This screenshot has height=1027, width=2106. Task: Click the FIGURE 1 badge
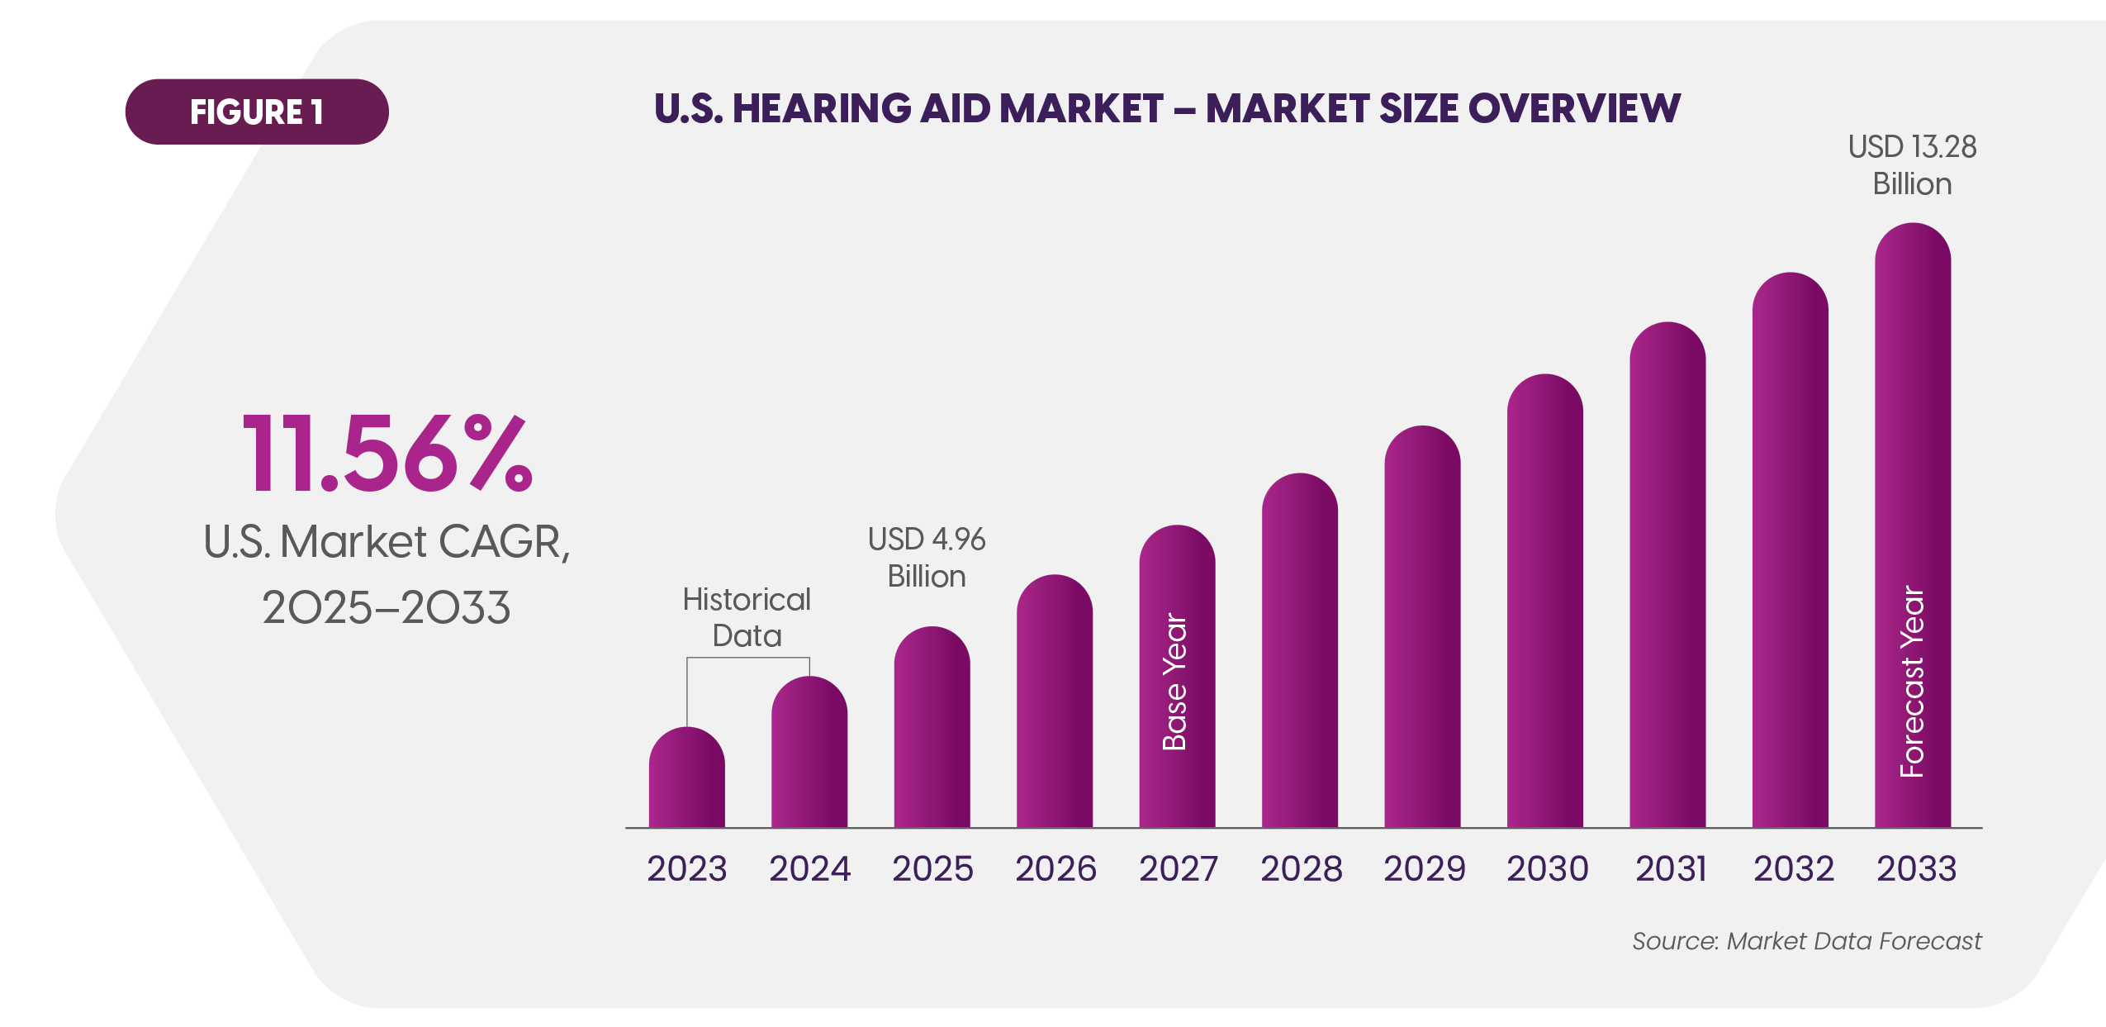(256, 112)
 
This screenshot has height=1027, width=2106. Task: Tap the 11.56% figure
(387, 454)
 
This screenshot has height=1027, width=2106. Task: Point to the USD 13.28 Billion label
(1912, 165)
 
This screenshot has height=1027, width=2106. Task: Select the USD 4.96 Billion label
(927, 558)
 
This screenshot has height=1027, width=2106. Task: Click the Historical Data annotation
(747, 617)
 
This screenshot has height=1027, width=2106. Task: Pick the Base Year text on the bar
(1174, 682)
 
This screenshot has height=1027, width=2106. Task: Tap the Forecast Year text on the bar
(1912, 682)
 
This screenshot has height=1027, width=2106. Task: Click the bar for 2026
(1054, 702)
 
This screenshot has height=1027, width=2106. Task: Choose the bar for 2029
(1422, 628)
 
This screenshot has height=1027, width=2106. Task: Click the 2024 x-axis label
(809, 868)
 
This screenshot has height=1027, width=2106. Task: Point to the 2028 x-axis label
(1301, 868)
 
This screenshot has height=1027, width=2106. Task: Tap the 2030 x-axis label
(1547, 868)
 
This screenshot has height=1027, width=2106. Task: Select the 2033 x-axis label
(1916, 868)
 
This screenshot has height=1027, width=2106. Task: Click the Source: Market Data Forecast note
(1806, 941)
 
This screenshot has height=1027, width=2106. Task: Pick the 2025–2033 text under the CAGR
(387, 607)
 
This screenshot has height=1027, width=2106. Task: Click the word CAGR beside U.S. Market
(503, 542)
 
